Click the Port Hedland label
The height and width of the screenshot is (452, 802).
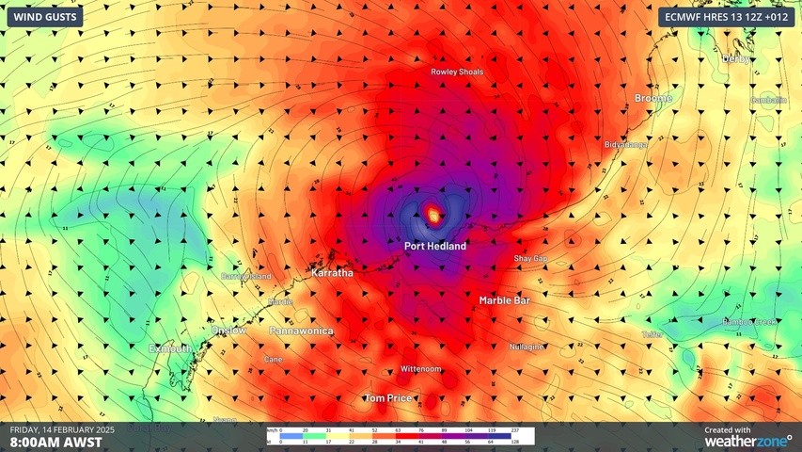click(x=434, y=246)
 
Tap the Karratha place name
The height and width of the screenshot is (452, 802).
click(x=332, y=272)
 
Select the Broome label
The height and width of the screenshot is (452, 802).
click(x=653, y=98)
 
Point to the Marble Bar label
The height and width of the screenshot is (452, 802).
click(x=504, y=300)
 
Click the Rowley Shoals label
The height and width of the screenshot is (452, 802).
click(x=457, y=72)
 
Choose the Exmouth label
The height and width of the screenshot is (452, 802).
click(x=170, y=348)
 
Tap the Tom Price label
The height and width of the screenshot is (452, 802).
click(x=387, y=398)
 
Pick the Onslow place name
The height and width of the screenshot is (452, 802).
click(x=229, y=331)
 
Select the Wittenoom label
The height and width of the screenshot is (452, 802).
click(x=420, y=368)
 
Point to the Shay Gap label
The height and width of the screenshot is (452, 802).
click(x=530, y=258)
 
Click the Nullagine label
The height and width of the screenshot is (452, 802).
click(x=527, y=347)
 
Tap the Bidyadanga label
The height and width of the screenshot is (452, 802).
click(x=625, y=145)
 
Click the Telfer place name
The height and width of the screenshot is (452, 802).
click(x=653, y=334)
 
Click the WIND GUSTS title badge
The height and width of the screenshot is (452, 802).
click(x=42, y=16)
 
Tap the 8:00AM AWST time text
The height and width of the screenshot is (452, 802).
click(x=50, y=441)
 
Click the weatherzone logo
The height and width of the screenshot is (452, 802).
click(x=747, y=440)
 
